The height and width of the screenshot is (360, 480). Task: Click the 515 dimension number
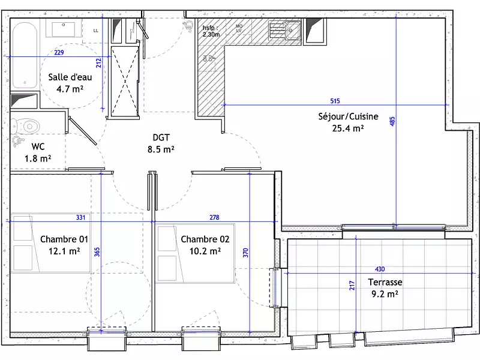335,100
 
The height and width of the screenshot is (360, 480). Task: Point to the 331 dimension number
81,217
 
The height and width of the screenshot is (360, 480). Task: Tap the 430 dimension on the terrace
380,269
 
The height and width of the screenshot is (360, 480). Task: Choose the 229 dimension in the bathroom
59,53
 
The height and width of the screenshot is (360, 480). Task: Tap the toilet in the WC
26,125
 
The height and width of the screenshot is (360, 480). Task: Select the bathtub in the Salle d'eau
25,54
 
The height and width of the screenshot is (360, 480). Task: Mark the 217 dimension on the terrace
352,287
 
